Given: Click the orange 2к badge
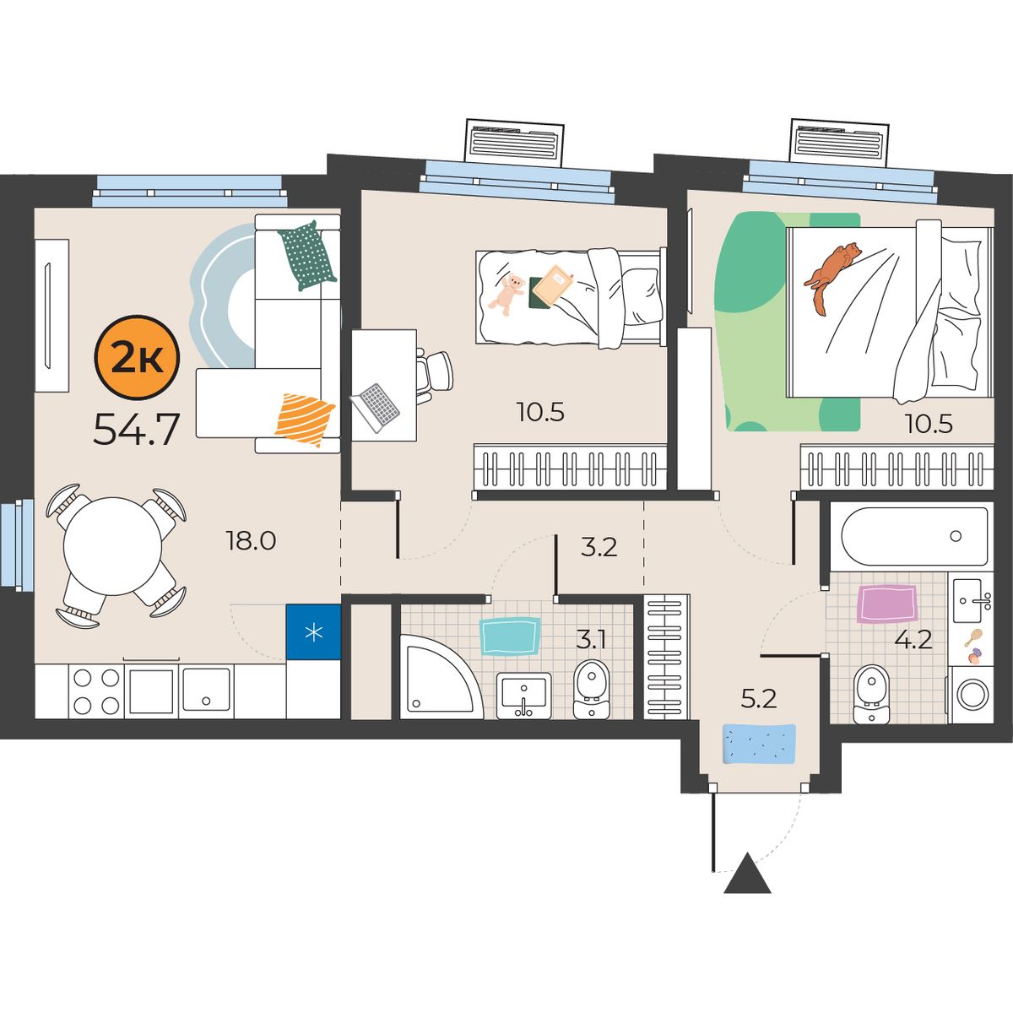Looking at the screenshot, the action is point(137,357).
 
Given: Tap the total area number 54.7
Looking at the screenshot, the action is point(137,429).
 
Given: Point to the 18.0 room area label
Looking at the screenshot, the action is point(251,540).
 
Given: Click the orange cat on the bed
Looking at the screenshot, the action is point(831,278).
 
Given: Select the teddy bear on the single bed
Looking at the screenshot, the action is point(506,294).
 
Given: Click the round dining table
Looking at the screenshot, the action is point(112,545).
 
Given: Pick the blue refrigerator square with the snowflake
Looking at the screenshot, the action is point(313,632).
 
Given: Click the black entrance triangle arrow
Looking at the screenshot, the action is point(747,880).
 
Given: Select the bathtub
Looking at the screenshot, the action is point(914,536).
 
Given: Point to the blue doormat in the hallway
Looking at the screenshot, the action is point(759,744).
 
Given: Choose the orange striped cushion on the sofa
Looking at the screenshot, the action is point(305,419).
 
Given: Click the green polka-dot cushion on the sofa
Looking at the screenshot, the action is point(307,256).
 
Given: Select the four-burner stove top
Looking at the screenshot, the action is point(96,691).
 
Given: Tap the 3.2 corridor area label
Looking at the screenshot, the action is point(599,547).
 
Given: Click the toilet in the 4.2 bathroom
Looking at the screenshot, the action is point(871,693).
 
